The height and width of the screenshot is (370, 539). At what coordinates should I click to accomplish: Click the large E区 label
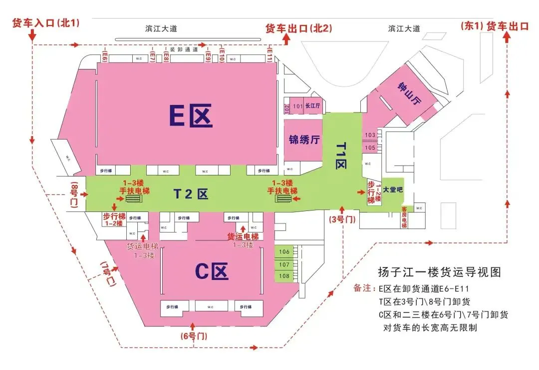pyautogui.click(x=191, y=116)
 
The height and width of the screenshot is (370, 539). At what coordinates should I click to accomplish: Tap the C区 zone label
pyautogui.click(x=212, y=271)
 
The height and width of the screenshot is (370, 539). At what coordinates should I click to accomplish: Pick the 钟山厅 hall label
pyautogui.click(x=409, y=94)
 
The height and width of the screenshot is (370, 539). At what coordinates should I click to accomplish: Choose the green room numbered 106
pyautogui.click(x=284, y=251)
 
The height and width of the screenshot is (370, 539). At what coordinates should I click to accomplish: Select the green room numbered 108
pyautogui.click(x=284, y=276)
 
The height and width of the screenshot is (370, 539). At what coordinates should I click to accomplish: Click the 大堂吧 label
pyautogui.click(x=392, y=189)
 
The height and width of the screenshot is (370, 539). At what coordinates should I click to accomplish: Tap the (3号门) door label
pyautogui.click(x=342, y=219)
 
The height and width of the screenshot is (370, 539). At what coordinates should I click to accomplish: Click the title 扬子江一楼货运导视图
pyautogui.click(x=439, y=272)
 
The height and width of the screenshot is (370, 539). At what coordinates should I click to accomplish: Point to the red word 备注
pyautogui.click(x=364, y=288)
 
